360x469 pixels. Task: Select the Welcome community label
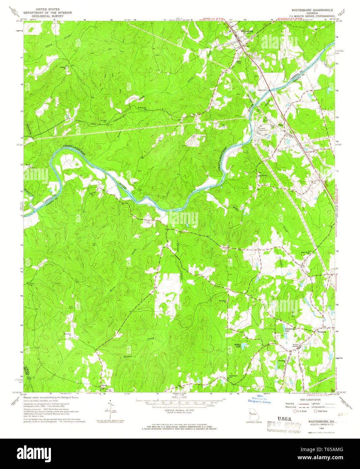click(x=322, y=332)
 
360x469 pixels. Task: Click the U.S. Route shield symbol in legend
click(x=294, y=411)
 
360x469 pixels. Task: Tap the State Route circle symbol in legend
click(x=315, y=411)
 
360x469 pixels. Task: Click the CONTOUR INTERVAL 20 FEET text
click(x=179, y=410)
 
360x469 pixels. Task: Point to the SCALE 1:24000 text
click(x=179, y=397)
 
